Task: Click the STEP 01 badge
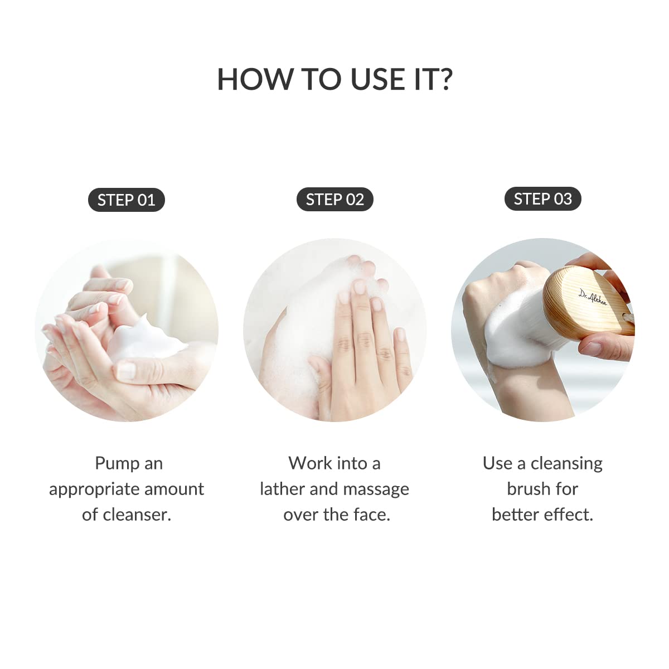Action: pyautogui.click(x=126, y=200)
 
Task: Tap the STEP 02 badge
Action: pyautogui.click(x=334, y=200)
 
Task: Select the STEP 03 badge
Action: pyautogui.click(x=542, y=199)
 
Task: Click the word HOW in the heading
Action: pyautogui.click(x=255, y=79)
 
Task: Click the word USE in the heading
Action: pyautogui.click(x=379, y=79)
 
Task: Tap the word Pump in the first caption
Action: pyautogui.click(x=116, y=463)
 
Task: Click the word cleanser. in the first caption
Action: pyautogui.click(x=135, y=515)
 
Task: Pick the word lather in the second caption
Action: pyautogui.click(x=282, y=489)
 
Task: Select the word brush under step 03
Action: pyautogui.click(x=527, y=489)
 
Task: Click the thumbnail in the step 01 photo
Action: pyautogui.click(x=126, y=370)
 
